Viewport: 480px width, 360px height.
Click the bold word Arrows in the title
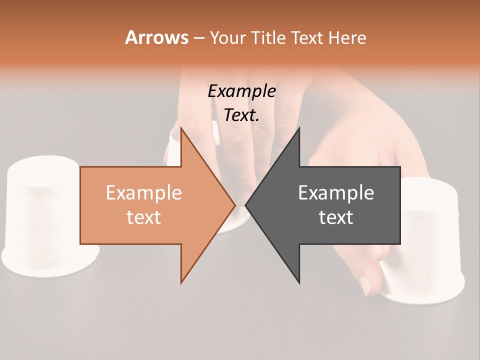point(156,37)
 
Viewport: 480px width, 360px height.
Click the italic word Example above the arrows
point(241,91)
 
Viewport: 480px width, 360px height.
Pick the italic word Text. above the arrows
point(241,115)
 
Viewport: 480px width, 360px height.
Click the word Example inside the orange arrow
point(144,193)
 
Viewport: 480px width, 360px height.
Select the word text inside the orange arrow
point(144,217)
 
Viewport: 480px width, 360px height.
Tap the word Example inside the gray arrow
point(336,193)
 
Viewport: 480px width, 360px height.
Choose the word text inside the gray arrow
point(336,217)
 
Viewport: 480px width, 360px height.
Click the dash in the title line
point(198,38)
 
